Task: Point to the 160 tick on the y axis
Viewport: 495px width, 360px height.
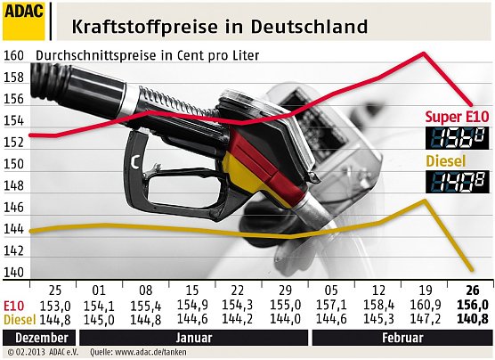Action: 13,54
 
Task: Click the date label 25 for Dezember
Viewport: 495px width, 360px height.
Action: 54,290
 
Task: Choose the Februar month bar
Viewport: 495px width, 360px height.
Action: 399,339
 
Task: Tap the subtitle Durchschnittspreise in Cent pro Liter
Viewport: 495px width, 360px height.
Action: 146,55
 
